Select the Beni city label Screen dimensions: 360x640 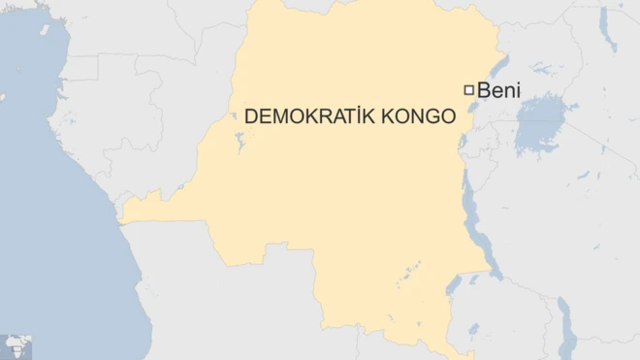(x=499, y=90)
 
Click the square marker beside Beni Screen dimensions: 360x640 (x=469, y=90)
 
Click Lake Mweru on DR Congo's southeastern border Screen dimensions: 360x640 (x=453, y=284)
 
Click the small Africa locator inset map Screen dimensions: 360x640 (x=16, y=345)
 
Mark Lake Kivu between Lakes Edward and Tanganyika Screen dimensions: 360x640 (x=464, y=147)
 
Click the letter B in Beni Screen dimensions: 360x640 (x=484, y=90)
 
